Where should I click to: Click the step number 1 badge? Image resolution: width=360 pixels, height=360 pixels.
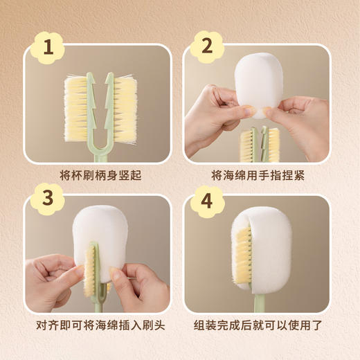pos(48,47)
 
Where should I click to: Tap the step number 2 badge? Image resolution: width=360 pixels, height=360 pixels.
pos(207,46)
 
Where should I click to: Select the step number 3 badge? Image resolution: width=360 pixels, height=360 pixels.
pos(48,199)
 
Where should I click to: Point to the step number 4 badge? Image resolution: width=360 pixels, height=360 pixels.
pos(207,201)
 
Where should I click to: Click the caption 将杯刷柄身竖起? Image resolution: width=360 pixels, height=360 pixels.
pos(100,175)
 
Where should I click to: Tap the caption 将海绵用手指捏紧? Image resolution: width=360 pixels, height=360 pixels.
pos(258,175)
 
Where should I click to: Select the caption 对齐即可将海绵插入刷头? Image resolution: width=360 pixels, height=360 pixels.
pos(100,325)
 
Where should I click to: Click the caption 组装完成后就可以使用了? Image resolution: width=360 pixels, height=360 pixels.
pos(258,325)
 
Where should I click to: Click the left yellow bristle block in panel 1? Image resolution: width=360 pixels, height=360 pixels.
pos(75,109)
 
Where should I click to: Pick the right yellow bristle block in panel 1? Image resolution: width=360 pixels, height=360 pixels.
pos(125,109)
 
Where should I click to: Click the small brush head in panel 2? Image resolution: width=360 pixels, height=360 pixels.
pos(260,144)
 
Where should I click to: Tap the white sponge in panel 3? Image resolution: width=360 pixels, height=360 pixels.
pos(100,240)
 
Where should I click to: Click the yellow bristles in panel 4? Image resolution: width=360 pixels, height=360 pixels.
pos(243,255)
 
